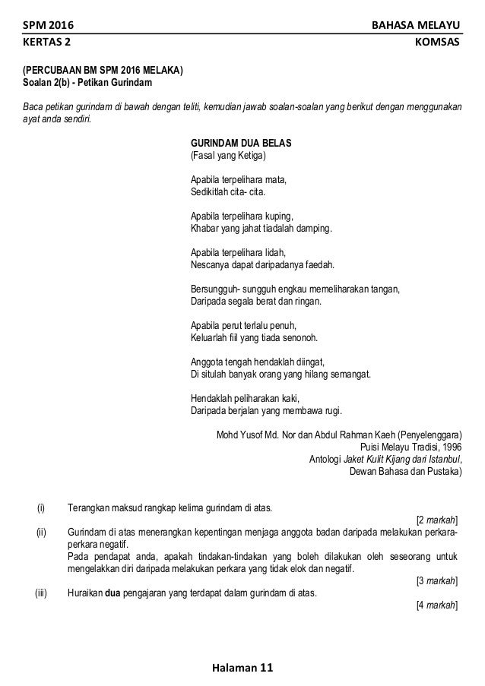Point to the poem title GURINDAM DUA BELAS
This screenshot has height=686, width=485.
click(241, 143)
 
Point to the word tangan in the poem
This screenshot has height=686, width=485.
click(385, 289)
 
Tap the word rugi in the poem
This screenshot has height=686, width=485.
click(333, 411)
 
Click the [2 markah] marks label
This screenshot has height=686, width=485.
click(437, 520)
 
